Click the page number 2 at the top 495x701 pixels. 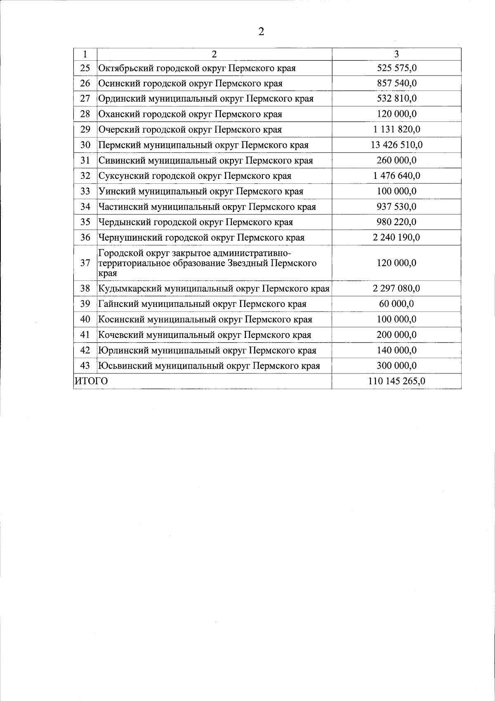[x=261, y=32]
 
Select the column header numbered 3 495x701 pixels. [x=396, y=54]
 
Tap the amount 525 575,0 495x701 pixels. [x=396, y=68]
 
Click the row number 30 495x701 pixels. [x=85, y=145]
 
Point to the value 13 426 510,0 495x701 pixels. [x=396, y=145]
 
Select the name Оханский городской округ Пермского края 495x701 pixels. [x=190, y=114]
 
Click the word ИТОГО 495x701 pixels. [x=91, y=381]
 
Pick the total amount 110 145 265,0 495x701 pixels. [x=396, y=381]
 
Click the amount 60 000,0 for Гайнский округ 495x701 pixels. [x=396, y=304]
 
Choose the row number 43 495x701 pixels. [x=85, y=366]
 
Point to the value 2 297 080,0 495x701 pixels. [x=396, y=288]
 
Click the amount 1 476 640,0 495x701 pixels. [x=396, y=176]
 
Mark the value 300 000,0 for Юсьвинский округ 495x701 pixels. [x=396, y=366]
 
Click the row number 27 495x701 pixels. [x=85, y=99]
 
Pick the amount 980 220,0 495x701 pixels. [x=396, y=222]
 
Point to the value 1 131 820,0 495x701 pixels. [x=396, y=130]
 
